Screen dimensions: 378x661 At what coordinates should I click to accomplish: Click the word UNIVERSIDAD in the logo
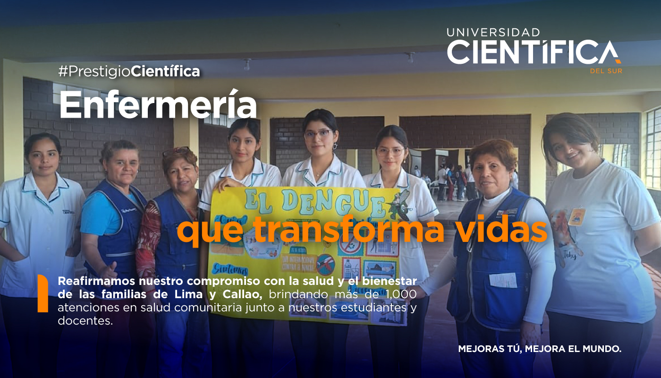pyautogui.click(x=493, y=33)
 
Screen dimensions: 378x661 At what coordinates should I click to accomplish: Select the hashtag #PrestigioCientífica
pyautogui.click(x=129, y=71)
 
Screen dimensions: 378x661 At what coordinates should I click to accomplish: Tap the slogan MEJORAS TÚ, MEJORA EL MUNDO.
pyautogui.click(x=540, y=349)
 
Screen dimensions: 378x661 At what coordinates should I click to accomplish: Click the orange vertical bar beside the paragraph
pyautogui.click(x=42, y=293)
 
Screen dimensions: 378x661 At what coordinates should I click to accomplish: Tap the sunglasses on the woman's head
pyautogui.click(x=177, y=152)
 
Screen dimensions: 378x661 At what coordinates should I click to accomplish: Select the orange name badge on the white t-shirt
pyautogui.click(x=576, y=217)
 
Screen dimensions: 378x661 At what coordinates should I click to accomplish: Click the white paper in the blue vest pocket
pyautogui.click(x=503, y=280)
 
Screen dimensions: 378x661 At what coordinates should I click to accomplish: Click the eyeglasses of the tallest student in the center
pyautogui.click(x=319, y=134)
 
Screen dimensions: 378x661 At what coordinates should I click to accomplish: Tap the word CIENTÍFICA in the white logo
pyautogui.click(x=533, y=52)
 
